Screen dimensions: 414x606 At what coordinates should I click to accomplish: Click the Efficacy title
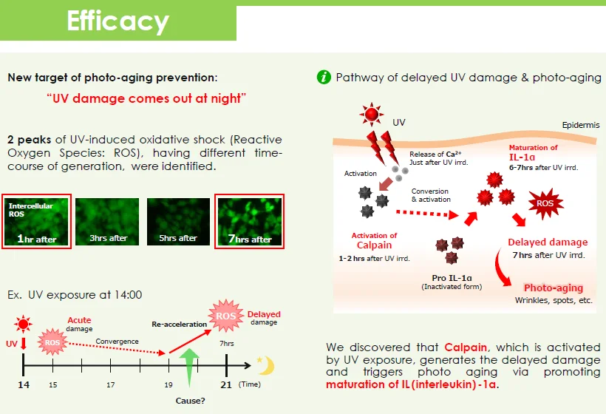click(x=118, y=21)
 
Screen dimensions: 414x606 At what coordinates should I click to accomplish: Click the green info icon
click(x=323, y=78)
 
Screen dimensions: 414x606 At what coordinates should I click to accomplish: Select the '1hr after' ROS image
click(x=36, y=222)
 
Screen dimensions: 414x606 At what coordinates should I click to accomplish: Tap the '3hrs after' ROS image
click(x=108, y=222)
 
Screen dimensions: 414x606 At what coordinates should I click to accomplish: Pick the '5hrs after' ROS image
click(x=177, y=222)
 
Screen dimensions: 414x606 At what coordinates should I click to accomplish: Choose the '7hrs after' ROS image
click(x=248, y=222)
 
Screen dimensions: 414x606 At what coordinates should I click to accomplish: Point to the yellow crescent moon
click(x=265, y=365)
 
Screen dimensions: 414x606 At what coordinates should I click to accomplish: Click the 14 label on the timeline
click(x=23, y=385)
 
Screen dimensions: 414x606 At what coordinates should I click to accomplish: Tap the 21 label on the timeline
click(x=226, y=385)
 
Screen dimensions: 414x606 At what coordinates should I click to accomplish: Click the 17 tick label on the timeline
click(x=110, y=385)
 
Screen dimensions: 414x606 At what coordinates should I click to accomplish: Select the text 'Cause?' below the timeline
click(x=191, y=400)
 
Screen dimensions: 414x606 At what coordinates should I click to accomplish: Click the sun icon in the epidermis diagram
click(x=371, y=116)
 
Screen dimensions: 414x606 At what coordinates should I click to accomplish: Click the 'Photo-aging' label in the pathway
click(x=554, y=288)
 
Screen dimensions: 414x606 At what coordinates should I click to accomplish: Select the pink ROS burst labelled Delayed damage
click(x=226, y=317)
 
